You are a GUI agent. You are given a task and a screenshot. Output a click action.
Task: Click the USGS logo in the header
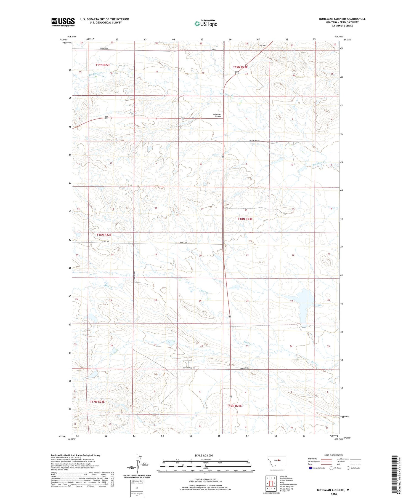click(x=63, y=22)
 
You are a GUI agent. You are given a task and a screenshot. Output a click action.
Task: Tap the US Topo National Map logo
click(x=206, y=23)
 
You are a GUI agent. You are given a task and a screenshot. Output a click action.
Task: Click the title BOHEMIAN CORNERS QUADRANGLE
click(x=342, y=19)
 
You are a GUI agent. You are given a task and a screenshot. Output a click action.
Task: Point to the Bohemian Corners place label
click(x=217, y=115)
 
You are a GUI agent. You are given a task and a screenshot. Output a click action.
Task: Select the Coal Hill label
click(x=262, y=46)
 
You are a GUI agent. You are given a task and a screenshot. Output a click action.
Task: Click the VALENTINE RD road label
click(x=255, y=140)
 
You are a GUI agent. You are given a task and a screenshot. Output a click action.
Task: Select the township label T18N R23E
click(x=245, y=219)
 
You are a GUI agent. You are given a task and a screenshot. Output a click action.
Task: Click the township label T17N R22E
click(x=97, y=402)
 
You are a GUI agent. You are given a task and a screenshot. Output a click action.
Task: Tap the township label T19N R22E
click(x=103, y=65)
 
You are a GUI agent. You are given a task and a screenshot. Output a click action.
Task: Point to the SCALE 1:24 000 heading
click(x=205, y=455)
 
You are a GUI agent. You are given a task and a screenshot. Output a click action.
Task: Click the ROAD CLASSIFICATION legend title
click(x=334, y=455)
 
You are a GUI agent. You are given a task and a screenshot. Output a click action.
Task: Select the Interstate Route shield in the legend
click(x=310, y=468)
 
